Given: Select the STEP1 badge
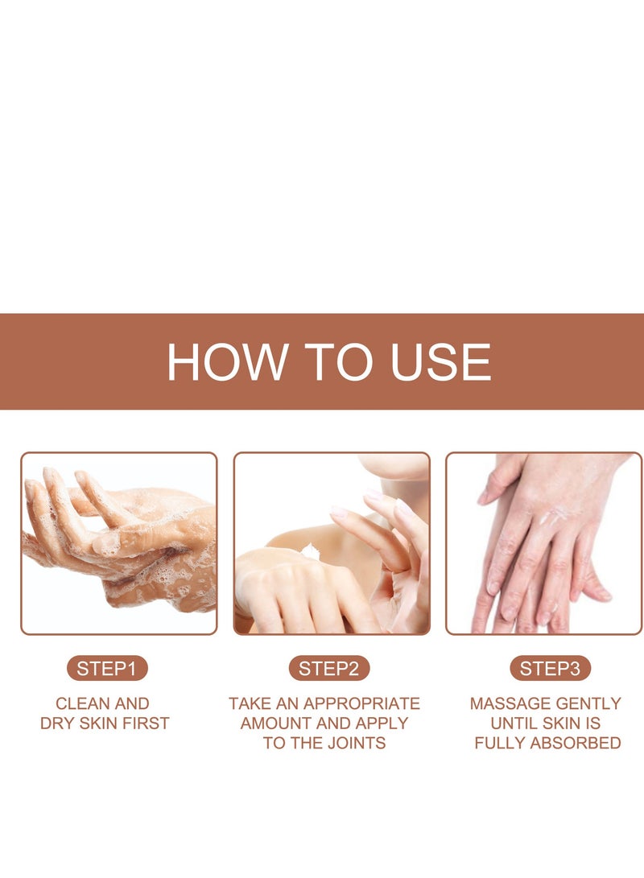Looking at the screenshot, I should [x=107, y=669].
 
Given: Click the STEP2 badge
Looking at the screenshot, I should [x=328, y=669].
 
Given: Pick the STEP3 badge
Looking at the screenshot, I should [x=550, y=669].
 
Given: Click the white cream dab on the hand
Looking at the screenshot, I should [x=309, y=551].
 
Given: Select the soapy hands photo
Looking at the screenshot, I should [x=119, y=543].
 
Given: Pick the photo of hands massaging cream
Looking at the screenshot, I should [x=544, y=543].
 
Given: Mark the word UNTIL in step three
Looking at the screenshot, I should [x=518, y=723].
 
